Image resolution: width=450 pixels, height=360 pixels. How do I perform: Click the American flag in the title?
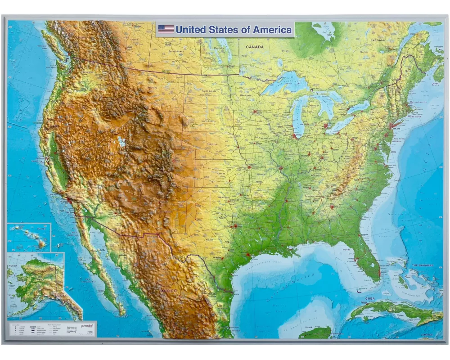(166, 29)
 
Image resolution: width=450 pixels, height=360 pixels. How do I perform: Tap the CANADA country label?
(254, 46)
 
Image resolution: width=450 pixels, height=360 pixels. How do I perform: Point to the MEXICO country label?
(169, 291)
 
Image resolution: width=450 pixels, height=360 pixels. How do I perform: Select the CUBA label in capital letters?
(370, 298)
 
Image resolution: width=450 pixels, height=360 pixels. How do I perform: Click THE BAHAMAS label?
(423, 265)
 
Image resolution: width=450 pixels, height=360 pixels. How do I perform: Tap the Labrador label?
(378, 40)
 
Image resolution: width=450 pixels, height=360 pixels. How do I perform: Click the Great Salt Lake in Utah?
(121, 142)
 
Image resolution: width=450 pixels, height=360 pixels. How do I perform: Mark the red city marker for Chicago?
(295, 135)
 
